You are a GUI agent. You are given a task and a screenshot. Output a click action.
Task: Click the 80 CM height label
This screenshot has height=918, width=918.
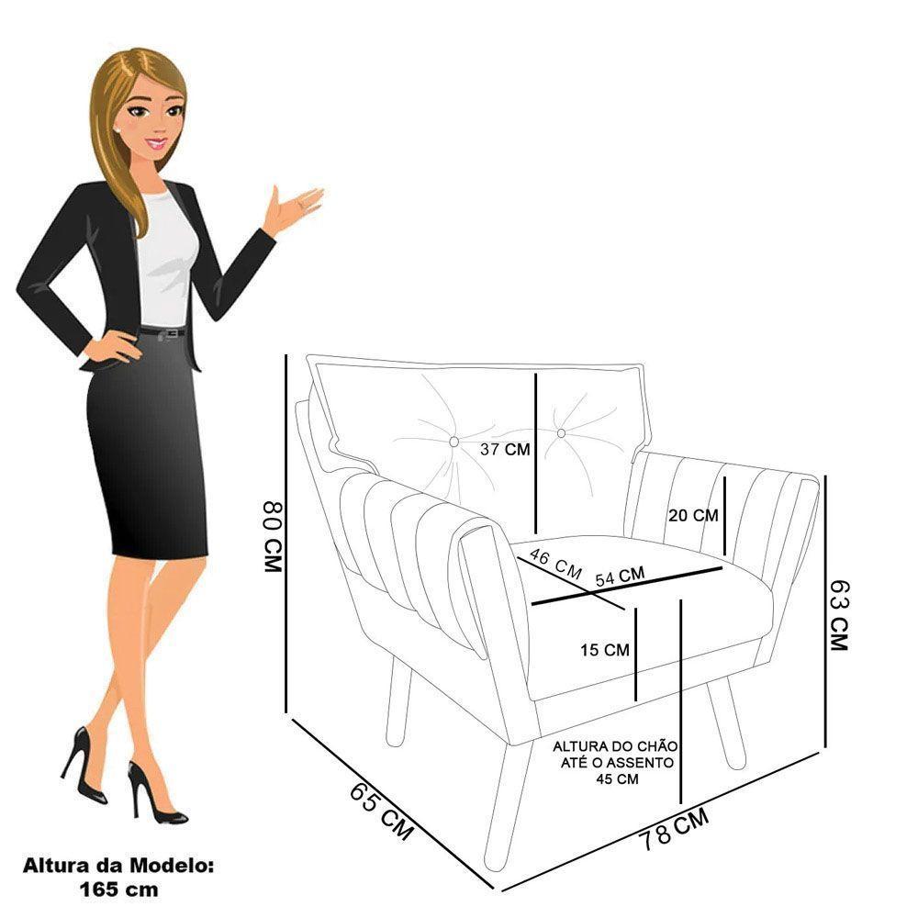coord(273,536)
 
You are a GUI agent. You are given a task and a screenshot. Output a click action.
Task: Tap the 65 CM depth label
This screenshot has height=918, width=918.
coord(382,811)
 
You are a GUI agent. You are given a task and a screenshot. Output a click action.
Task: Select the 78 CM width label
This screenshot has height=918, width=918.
coord(673,828)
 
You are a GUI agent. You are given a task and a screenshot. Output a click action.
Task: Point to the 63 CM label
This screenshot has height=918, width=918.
coord(838,615)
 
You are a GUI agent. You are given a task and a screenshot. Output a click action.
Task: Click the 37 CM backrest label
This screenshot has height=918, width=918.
coord(505,449)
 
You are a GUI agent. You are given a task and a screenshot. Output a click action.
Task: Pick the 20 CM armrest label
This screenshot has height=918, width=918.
coord(693,515)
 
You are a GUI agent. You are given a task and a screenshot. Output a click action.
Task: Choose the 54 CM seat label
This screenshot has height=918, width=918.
coord(620,577)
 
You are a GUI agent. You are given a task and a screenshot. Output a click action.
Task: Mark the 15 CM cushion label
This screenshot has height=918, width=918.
coord(605,650)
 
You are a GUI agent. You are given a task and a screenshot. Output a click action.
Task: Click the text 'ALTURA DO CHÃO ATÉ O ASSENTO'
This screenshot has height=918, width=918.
coord(615,755)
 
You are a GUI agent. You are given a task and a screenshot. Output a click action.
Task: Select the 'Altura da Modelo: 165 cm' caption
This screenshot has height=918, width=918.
coord(118,879)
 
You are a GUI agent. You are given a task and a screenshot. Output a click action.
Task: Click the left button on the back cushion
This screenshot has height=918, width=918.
coord(453,442)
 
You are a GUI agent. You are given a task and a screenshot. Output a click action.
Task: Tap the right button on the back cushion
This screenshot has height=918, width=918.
coord(561,433)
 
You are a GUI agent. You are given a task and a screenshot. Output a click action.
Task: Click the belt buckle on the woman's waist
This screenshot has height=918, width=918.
coord(173,333)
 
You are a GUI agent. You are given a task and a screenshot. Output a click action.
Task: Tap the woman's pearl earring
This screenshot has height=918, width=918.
coord(118,129)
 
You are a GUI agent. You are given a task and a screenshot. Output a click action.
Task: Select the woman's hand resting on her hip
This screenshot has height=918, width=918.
coord(113,347)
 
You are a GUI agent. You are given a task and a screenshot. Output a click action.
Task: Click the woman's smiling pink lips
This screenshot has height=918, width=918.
coord(157,142)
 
